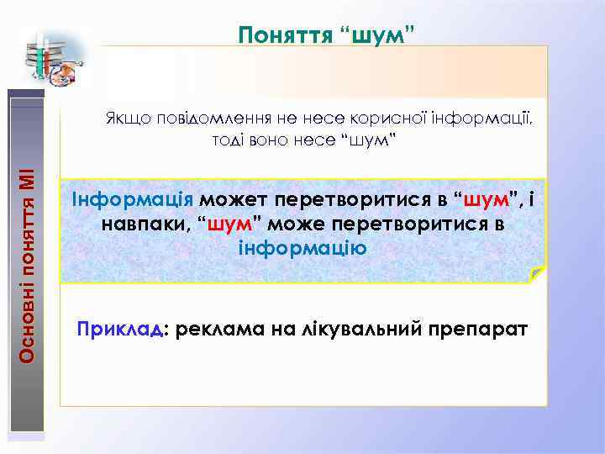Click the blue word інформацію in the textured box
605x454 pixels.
click(x=302, y=249)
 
